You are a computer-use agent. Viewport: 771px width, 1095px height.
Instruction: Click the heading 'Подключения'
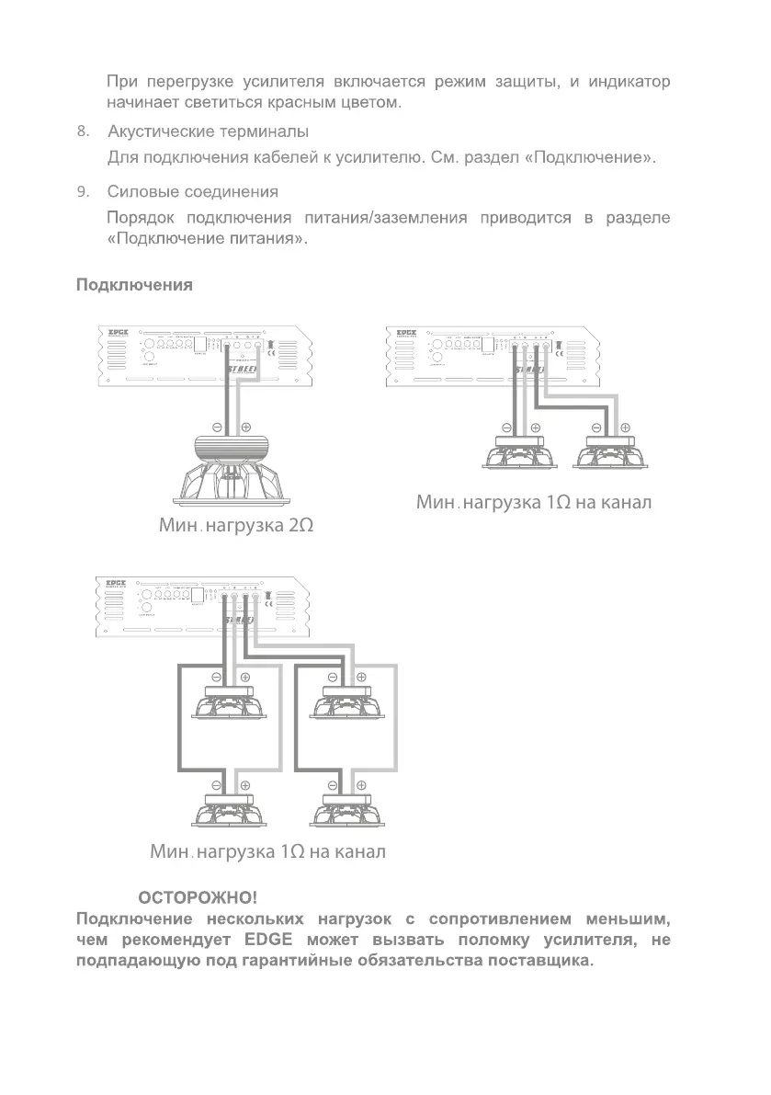(133, 285)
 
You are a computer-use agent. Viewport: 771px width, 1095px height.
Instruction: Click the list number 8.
(83, 132)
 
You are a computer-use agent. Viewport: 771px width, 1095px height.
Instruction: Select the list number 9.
(83, 192)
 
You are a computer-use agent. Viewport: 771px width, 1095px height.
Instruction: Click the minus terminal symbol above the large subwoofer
(217, 428)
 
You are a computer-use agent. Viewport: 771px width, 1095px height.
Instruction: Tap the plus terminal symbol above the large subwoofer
(245, 428)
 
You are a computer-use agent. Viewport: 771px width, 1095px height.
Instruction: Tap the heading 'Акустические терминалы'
(208, 132)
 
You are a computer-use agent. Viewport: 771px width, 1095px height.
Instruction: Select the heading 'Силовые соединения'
(192, 192)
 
